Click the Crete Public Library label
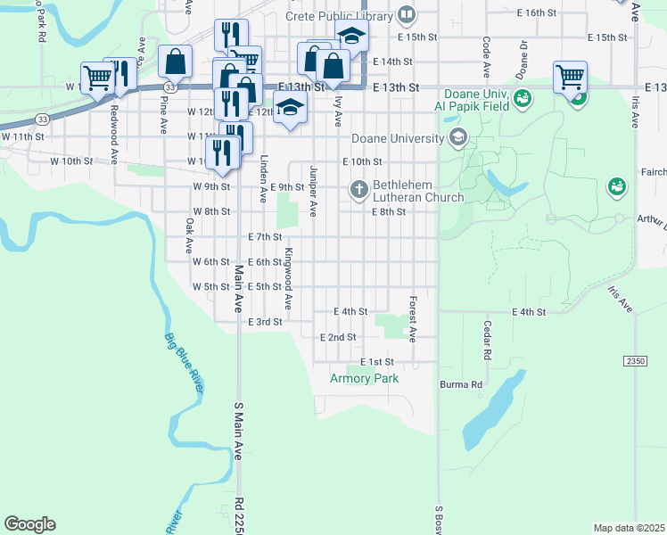[x=339, y=16]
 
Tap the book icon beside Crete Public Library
[x=407, y=15]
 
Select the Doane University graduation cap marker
[x=458, y=136]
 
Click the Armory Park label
[x=364, y=378]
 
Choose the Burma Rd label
[x=460, y=385]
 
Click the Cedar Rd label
[x=487, y=340]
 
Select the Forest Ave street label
[x=413, y=319]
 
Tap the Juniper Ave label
[x=313, y=191]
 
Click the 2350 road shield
[x=634, y=360]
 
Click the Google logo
[x=29, y=524]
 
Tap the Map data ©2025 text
[x=629, y=528]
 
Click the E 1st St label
[x=377, y=361]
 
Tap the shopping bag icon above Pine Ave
[x=176, y=62]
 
